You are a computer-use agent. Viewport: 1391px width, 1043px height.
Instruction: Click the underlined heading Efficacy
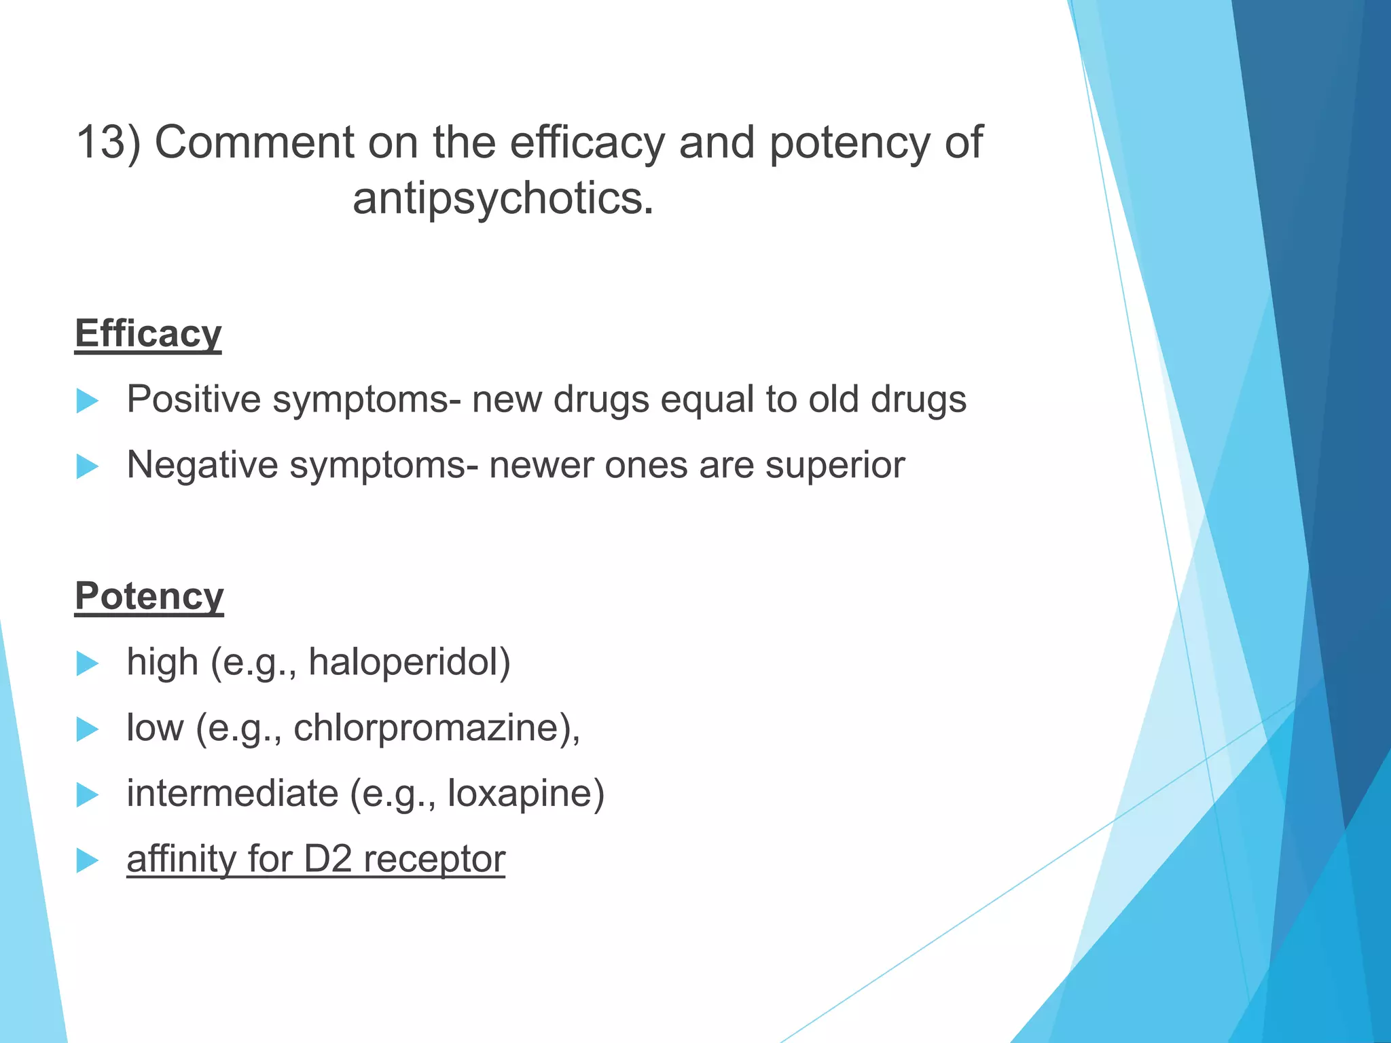(x=148, y=334)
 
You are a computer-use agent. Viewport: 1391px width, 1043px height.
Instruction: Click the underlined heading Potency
(x=149, y=596)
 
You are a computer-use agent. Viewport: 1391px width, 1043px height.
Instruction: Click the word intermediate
(x=232, y=793)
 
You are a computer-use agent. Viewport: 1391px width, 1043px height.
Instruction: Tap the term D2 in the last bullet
(x=327, y=859)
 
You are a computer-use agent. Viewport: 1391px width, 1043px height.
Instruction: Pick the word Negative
(x=202, y=465)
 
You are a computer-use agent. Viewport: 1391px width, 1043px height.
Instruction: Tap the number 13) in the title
(x=108, y=143)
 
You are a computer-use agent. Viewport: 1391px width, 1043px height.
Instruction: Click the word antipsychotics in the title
(x=503, y=199)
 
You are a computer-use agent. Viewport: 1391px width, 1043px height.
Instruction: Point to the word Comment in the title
(x=255, y=143)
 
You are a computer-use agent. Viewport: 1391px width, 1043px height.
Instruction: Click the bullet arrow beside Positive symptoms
(x=88, y=401)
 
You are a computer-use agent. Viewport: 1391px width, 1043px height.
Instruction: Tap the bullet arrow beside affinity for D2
(x=88, y=860)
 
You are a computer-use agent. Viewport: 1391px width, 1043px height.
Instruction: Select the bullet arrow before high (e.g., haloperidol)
(x=88, y=663)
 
